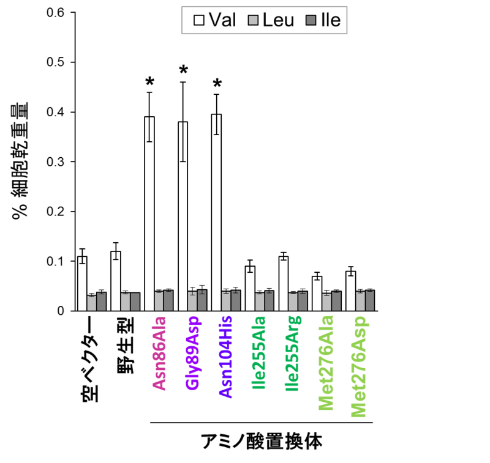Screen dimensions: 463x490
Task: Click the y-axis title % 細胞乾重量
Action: coord(19,161)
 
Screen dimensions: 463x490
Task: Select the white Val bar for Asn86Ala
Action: coord(149,213)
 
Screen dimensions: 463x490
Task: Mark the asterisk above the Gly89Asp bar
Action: coord(183,71)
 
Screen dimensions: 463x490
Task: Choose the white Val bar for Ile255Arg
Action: coord(283,283)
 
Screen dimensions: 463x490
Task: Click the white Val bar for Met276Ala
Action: coord(317,293)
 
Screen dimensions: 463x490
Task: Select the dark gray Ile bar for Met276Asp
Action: coord(369,300)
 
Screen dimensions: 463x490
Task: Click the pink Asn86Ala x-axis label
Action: coord(159,353)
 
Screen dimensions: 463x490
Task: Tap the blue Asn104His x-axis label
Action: coord(227,358)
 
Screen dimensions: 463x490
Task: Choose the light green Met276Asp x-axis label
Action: coord(360,367)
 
